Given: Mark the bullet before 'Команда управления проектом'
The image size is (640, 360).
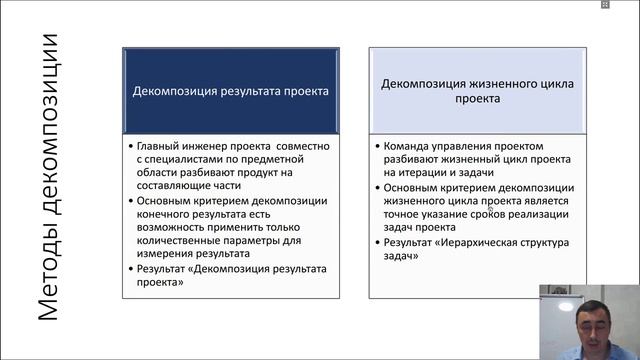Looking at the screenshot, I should (376, 144).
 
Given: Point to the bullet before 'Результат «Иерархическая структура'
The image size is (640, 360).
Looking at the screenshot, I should (376, 242).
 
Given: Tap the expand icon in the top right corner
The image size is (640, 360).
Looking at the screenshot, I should (604, 5).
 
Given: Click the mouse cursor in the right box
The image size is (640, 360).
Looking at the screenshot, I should (490, 208).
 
